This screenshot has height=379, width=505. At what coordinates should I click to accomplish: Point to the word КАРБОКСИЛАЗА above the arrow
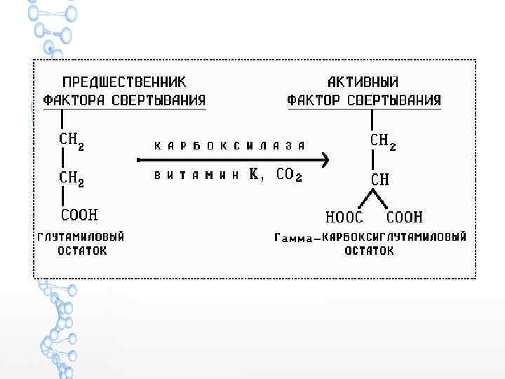click(229, 146)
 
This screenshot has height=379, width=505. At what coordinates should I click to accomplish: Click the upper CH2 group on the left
click(72, 140)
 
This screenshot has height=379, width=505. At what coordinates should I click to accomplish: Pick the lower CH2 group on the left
click(72, 180)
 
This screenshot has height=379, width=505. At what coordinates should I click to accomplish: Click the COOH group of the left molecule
click(79, 213)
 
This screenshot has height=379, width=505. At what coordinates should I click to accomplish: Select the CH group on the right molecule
click(380, 179)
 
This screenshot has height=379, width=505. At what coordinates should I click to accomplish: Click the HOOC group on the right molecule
click(345, 218)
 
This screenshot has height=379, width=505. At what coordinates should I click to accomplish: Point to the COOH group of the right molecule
click(405, 218)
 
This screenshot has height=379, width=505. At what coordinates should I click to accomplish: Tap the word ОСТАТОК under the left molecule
click(82, 250)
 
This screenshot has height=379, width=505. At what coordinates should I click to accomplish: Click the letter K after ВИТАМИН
click(254, 176)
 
